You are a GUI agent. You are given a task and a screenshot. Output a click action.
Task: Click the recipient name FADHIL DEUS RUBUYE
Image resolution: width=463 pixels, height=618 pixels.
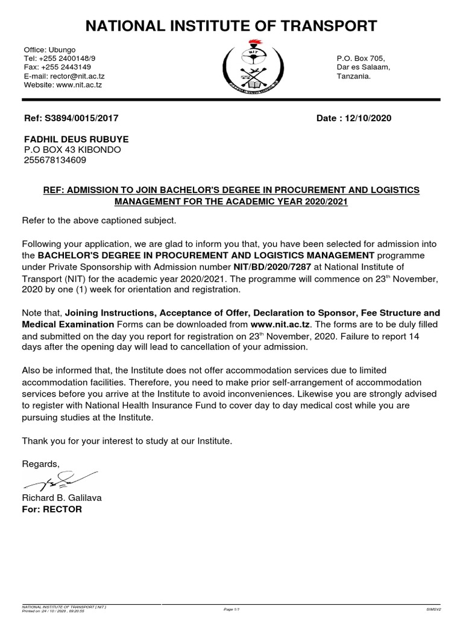(x=75, y=139)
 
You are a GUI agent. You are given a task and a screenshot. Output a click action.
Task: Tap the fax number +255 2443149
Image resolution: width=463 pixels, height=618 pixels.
(x=66, y=67)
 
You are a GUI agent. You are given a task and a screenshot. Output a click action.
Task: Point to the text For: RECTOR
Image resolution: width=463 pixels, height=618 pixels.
(x=52, y=509)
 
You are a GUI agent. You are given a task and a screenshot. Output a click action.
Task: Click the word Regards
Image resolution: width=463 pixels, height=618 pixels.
(x=41, y=463)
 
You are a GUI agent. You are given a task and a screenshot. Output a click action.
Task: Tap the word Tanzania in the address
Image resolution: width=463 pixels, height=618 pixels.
(x=354, y=76)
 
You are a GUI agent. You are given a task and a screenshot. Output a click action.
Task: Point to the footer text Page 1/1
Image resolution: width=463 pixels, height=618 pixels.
(x=231, y=610)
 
